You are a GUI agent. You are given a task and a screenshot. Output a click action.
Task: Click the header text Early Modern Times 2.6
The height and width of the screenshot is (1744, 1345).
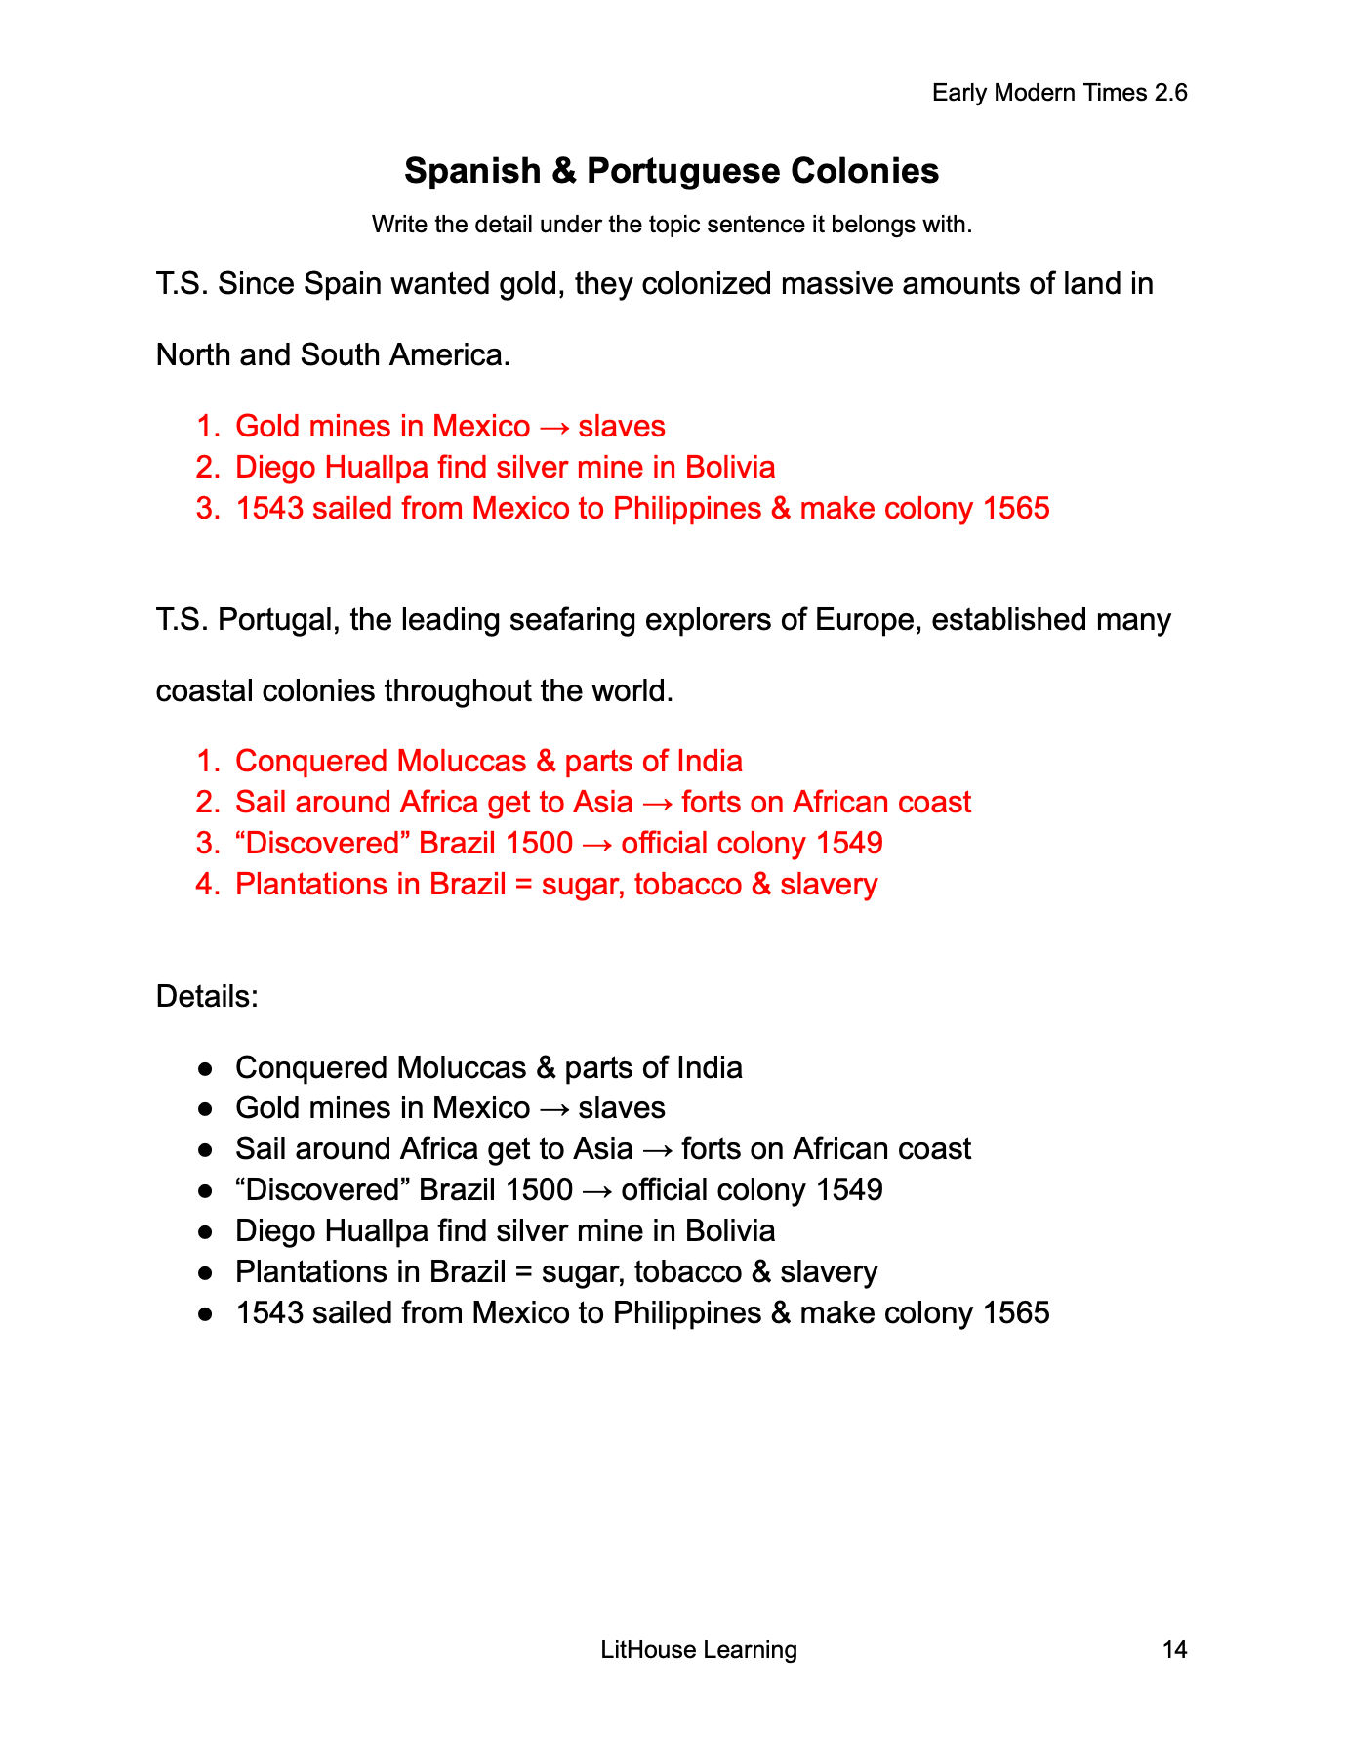1059,93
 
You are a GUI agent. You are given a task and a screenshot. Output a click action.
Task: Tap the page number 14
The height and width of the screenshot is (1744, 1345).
1174,1650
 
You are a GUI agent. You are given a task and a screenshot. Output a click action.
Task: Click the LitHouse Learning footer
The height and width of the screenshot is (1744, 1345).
699,1650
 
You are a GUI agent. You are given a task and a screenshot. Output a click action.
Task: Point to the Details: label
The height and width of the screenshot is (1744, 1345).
207,997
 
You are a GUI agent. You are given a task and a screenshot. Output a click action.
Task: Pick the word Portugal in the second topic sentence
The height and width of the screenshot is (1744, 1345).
274,620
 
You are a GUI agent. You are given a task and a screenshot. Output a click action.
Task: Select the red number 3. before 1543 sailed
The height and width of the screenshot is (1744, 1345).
209,509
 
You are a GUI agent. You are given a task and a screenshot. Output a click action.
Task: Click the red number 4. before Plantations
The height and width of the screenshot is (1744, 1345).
209,885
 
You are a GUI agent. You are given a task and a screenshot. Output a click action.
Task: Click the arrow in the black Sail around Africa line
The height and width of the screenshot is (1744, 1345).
657,1149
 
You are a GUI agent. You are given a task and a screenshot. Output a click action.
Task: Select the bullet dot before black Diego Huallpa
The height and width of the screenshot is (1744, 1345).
206,1231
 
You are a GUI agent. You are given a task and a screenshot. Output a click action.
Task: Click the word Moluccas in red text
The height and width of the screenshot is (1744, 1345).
464,762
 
